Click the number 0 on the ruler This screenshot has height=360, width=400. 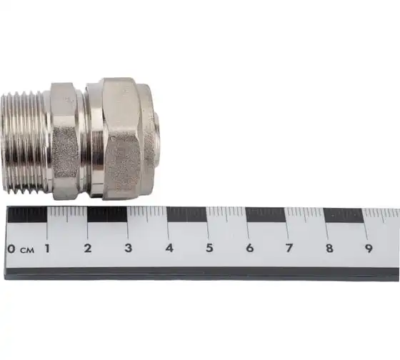click(x=11, y=249)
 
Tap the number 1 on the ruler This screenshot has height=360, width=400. click(x=47, y=249)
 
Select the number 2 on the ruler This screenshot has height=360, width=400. click(x=88, y=249)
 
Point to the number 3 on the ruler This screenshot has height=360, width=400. click(x=128, y=248)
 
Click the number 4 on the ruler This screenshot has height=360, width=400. click(x=169, y=248)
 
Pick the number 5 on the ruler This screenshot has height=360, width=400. click(x=209, y=248)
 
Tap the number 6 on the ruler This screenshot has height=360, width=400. click(x=250, y=248)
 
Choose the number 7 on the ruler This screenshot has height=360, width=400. click(x=289, y=248)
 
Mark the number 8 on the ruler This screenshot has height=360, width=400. click(x=329, y=249)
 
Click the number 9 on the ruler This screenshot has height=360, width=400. click(x=369, y=249)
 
